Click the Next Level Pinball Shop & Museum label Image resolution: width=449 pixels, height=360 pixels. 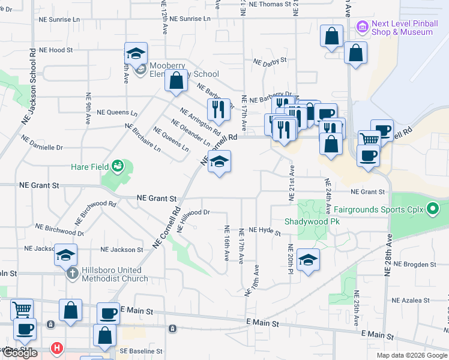(x=402, y=28)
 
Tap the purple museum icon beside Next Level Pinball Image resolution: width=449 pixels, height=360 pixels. (x=361, y=26)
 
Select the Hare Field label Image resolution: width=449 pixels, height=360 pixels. (x=89, y=166)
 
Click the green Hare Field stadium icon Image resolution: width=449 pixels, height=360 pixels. (x=118, y=164)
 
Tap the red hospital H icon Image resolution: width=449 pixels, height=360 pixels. (x=56, y=347)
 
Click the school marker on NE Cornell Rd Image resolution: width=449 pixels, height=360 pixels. (x=219, y=161)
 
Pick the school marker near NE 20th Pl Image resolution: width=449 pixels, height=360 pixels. (x=308, y=259)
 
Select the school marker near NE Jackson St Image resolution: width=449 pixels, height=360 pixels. (x=65, y=254)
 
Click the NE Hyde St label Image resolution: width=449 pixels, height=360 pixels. (x=265, y=230)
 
